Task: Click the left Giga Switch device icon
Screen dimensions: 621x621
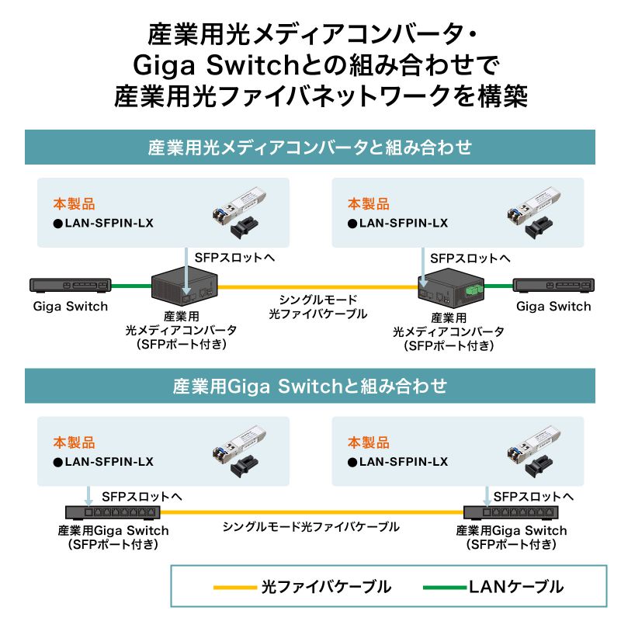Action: [x=70, y=285]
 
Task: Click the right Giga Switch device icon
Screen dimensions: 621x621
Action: [x=552, y=285]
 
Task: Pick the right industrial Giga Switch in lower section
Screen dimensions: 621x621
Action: [x=510, y=512]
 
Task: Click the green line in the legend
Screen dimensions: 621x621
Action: [x=445, y=587]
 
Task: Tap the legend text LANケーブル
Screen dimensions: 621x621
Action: [x=515, y=587]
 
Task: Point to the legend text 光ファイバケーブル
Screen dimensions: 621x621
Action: [x=326, y=587]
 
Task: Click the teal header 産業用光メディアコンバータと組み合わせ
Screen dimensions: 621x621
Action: [x=310, y=147]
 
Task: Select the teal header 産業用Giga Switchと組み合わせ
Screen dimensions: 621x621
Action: [x=310, y=385]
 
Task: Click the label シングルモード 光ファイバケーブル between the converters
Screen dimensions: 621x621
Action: [x=317, y=307]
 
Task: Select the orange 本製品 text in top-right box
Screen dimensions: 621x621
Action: [x=368, y=204]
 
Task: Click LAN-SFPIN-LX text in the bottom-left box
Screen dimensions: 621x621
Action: [x=109, y=462]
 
